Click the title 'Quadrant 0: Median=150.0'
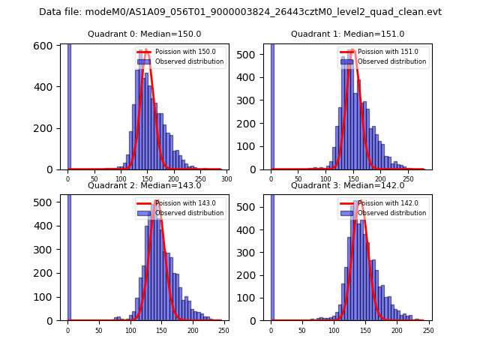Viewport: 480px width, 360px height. [144, 34]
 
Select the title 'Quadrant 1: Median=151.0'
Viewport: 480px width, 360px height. [347, 34]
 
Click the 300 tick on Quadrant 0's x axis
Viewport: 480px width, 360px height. [226, 180]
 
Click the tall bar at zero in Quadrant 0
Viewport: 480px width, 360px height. [68, 105]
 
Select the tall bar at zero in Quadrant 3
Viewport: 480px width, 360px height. [271, 255]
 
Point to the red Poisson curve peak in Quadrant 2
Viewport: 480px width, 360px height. [156, 201]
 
